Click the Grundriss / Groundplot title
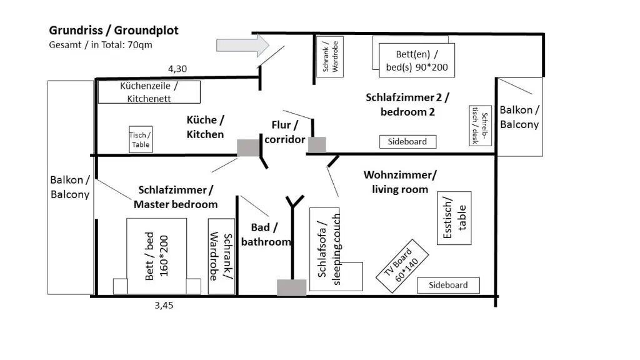tap(114, 31)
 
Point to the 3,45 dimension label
tap(163, 306)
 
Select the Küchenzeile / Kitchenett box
tap(149, 92)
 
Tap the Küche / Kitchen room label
tap(205, 127)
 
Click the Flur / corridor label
tap(284, 132)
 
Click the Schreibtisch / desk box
tap(479, 125)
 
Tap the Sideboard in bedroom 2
tap(407, 142)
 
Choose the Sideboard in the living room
tap(448, 286)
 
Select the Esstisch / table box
tap(454, 218)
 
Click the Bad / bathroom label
tap(266, 234)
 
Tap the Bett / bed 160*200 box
tap(157, 255)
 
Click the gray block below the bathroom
tap(291, 287)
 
